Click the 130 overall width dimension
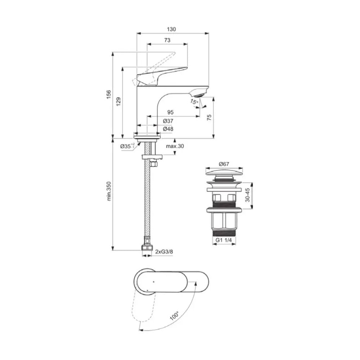click(x=172, y=30)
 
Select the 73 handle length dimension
click(x=167, y=41)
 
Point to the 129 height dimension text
click(x=118, y=102)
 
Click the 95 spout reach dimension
click(x=170, y=112)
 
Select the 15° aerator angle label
click(x=194, y=102)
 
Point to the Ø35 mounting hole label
click(x=127, y=147)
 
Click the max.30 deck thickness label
click(x=175, y=147)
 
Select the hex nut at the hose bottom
click(x=147, y=248)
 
